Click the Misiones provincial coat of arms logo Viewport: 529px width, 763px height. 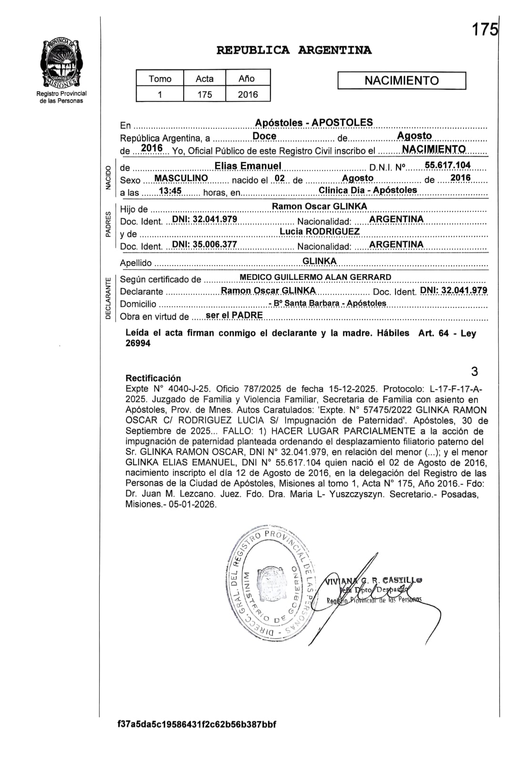pyautogui.click(x=61, y=63)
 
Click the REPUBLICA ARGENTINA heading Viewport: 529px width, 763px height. pyautogui.click(x=294, y=50)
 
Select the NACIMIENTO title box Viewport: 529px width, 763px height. pyautogui.click(x=401, y=81)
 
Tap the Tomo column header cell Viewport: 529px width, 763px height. pyautogui.click(x=160, y=79)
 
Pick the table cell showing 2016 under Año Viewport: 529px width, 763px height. pyautogui.click(x=248, y=94)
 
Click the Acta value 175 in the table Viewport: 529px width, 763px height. pyautogui.click(x=205, y=94)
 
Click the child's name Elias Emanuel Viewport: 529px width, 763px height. pyautogui.click(x=248, y=165)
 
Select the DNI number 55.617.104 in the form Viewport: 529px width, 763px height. pyautogui.click(x=447, y=165)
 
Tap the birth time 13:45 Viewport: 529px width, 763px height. pyautogui.click(x=170, y=191)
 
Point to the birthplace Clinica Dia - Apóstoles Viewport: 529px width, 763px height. pyautogui.click(x=368, y=190)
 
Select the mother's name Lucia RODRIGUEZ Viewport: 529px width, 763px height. pyautogui.click(x=320, y=231)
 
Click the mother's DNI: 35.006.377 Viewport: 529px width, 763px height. pyautogui.click(x=204, y=244)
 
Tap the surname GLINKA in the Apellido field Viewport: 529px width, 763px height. pyautogui.click(x=320, y=261)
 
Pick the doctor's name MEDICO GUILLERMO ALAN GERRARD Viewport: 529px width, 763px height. pyautogui.click(x=315, y=277)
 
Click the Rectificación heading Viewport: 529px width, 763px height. pyautogui.click(x=153, y=378)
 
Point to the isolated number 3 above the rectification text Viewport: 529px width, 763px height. pyautogui.click(x=474, y=371)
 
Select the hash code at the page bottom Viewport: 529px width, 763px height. pyautogui.click(x=197, y=724)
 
